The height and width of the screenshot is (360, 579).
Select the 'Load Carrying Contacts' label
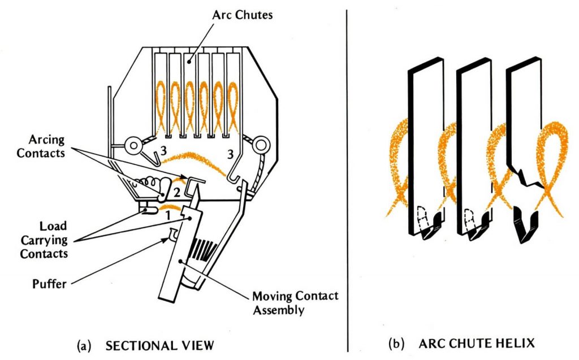point(44,239)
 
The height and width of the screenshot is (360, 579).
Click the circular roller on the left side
point(135,146)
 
